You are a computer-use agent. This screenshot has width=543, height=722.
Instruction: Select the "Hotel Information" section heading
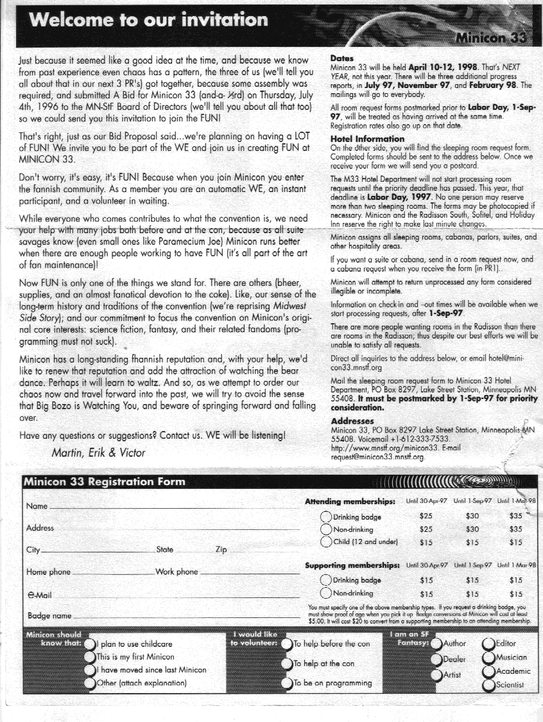(366, 139)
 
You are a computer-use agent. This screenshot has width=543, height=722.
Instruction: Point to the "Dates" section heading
(341, 58)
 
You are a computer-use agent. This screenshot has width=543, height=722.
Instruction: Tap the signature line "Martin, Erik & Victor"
(98, 452)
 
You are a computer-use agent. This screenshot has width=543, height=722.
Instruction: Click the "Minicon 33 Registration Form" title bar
(104, 482)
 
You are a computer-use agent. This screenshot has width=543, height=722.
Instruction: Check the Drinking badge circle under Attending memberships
(326, 517)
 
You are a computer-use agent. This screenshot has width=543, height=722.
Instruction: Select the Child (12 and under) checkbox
(326, 542)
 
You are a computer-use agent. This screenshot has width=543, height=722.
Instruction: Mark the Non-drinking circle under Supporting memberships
(326, 594)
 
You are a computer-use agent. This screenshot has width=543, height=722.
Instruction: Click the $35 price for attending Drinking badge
(515, 516)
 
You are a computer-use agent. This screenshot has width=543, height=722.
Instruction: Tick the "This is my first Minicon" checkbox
(89, 656)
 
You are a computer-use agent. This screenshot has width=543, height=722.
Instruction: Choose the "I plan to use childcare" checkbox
(89, 643)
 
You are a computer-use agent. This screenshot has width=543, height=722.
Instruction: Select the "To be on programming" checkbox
(287, 683)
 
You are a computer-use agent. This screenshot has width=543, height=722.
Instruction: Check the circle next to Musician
(489, 657)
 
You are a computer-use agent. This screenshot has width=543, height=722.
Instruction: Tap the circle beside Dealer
(436, 658)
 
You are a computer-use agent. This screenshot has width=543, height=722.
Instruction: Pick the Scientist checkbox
(489, 685)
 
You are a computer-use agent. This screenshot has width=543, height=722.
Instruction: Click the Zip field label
(221, 550)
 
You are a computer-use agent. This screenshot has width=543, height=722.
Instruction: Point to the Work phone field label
(177, 572)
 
